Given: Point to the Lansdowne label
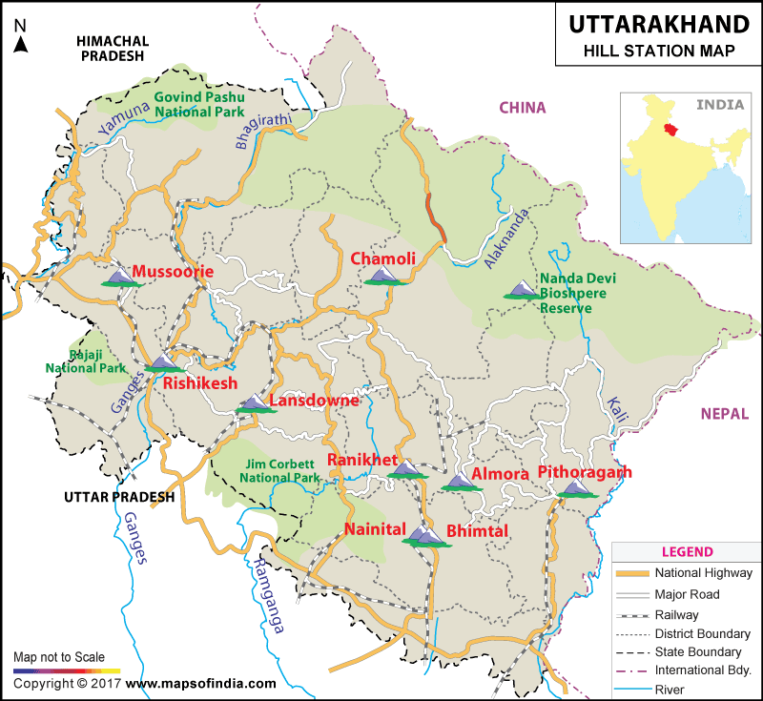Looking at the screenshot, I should [314, 401].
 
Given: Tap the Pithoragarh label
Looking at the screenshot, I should [585, 472].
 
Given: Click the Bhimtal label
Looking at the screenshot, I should [477, 530].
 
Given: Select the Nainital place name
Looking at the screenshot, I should [375, 529].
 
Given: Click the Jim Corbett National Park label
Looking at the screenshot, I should [279, 470].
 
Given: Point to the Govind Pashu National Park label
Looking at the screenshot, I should [199, 104].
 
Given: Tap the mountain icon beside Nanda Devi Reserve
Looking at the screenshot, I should [521, 290].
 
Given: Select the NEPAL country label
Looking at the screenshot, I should [724, 414].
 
